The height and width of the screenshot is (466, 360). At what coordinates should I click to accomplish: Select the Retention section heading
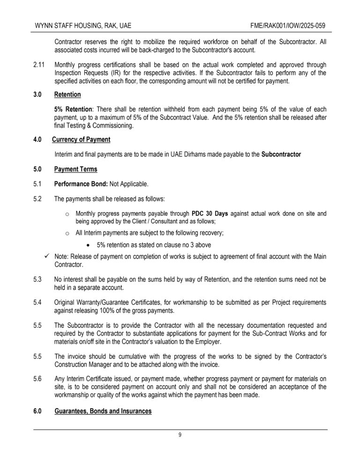[67, 95]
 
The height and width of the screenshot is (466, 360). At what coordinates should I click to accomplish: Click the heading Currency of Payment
[81, 139]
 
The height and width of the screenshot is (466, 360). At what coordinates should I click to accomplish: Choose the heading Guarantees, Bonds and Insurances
[103, 411]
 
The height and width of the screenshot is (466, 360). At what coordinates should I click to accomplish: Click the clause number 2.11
[39, 64]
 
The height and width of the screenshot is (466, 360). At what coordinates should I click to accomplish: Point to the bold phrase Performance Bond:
[81, 184]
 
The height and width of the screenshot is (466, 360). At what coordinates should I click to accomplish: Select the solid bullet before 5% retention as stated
[89, 245]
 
